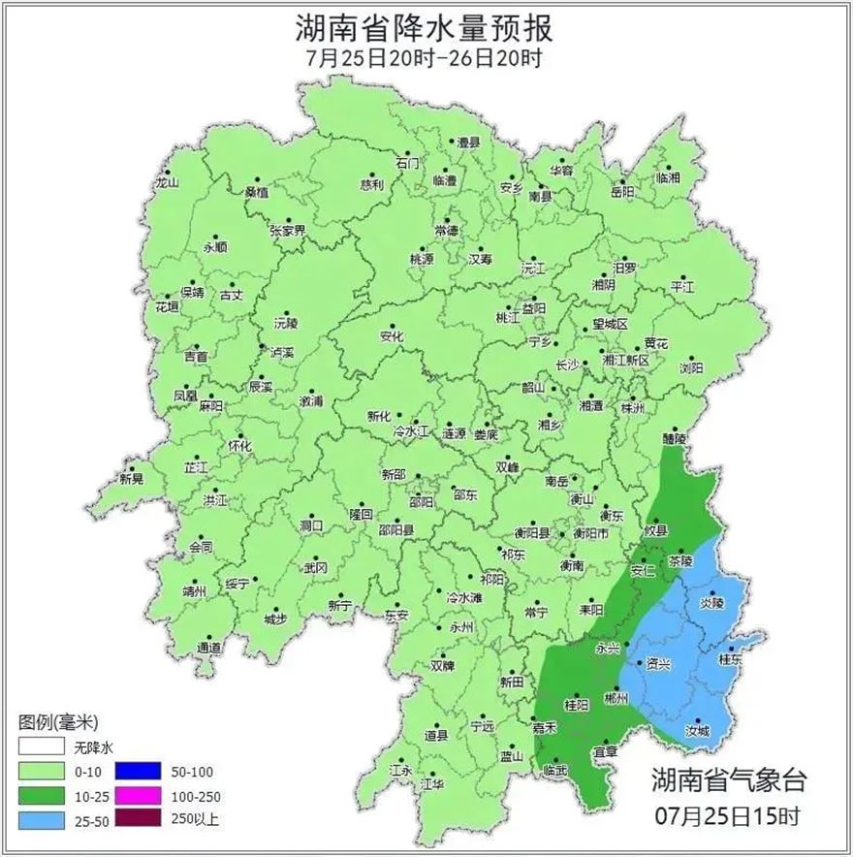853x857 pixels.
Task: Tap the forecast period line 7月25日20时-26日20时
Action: coord(424,57)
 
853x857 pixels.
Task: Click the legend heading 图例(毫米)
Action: coord(58,722)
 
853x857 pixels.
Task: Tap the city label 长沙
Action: coord(567,365)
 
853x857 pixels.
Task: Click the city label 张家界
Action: coord(287,231)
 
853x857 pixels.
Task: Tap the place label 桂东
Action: coord(728,659)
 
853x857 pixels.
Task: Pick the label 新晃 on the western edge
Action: coord(132,479)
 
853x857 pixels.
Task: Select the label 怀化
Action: coord(239,446)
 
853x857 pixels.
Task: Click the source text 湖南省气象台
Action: coord(728,779)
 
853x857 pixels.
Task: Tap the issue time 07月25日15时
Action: coord(728,817)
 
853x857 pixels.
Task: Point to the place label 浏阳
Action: coord(691,368)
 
